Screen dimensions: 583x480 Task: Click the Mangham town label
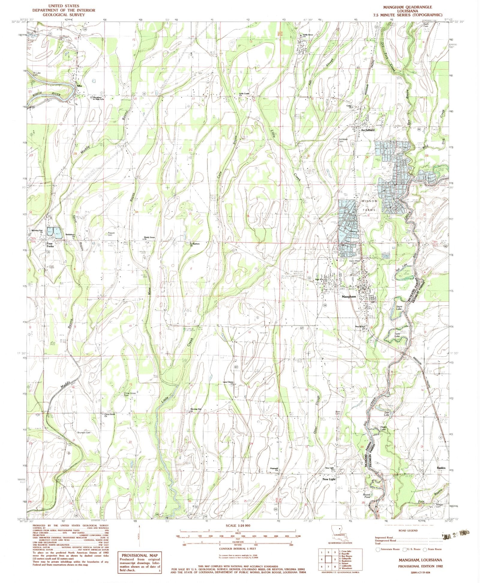coord(349,297)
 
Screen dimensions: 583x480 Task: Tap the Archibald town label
coord(367,130)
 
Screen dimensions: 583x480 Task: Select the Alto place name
coord(79,86)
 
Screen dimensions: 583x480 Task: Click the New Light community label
coord(329,479)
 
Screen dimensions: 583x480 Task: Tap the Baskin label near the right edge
coord(441,468)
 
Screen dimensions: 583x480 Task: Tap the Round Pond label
coord(367,496)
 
